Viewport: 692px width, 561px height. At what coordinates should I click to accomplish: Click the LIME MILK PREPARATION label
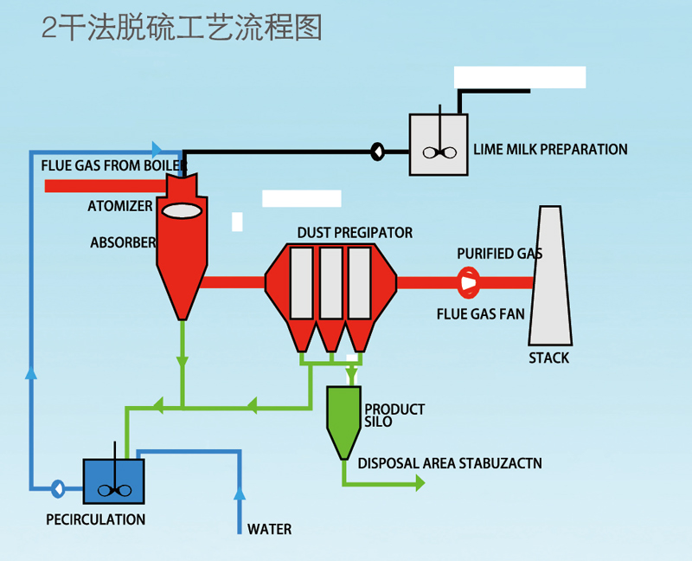coord(550,149)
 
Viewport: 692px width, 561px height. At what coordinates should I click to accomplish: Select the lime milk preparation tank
coord(439,145)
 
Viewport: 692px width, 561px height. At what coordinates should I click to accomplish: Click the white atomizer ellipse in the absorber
coord(183,209)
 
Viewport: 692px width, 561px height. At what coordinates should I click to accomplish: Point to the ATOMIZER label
coord(119,207)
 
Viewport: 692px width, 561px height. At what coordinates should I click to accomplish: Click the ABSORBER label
coord(123,242)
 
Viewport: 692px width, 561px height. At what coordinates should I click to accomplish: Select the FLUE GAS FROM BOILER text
coord(114,164)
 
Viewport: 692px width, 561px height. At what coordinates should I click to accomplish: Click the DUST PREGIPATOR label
coord(355,233)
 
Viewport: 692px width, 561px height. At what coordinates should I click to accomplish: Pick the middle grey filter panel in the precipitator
coord(330,282)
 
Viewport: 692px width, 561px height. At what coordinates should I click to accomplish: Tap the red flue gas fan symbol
coord(468,281)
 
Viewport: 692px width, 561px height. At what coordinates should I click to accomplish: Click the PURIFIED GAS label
coord(500,254)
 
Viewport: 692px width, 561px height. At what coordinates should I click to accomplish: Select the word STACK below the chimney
coord(549,358)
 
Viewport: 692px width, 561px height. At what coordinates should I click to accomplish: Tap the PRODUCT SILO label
coord(394,415)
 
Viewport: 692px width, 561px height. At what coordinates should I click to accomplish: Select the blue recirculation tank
coord(113,481)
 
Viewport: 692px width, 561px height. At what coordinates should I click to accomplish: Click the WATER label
coord(269,529)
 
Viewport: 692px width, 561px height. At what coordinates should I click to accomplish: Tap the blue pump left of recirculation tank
coord(58,488)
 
